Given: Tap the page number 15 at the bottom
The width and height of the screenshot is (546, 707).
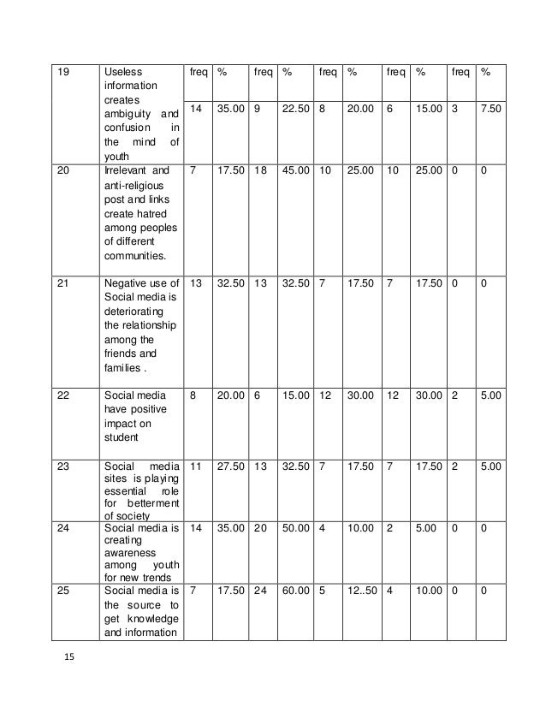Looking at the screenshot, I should click(x=70, y=657).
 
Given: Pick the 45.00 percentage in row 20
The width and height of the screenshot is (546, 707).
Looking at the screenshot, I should click(x=296, y=170).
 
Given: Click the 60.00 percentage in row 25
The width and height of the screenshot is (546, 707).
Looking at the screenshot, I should click(x=296, y=590).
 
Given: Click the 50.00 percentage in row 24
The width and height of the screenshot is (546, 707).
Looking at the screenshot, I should click(x=296, y=529).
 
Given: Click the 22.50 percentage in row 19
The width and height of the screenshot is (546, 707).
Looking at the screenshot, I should click(x=296, y=110).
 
